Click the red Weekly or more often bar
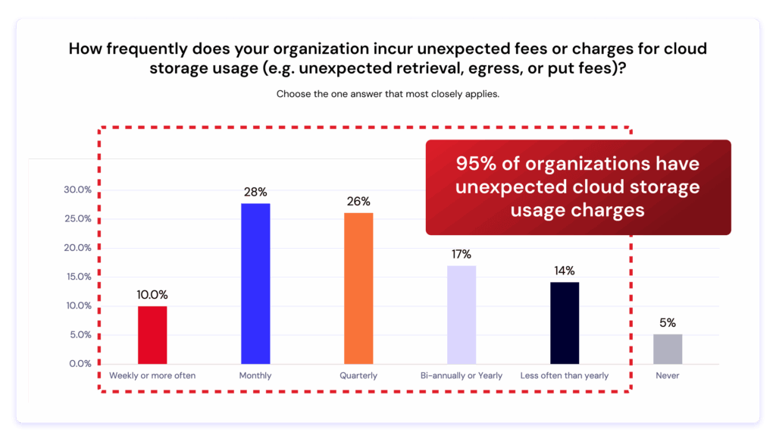tap(152, 335)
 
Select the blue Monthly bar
tap(255, 284)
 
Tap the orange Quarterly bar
tap(358, 288)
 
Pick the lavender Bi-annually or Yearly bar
tap(462, 315)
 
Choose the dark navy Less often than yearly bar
tap(565, 323)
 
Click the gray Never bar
tap(668, 349)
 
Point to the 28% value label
tap(255, 192)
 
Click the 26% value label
tap(358, 202)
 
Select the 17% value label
tap(462, 254)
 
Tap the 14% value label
tap(565, 271)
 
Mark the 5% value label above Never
tap(668, 322)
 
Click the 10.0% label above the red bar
tap(152, 295)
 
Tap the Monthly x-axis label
tap(255, 375)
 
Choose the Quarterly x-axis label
tap(358, 375)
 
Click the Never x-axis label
tap(668, 375)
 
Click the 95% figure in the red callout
tap(476, 164)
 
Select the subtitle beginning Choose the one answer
tap(387, 95)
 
